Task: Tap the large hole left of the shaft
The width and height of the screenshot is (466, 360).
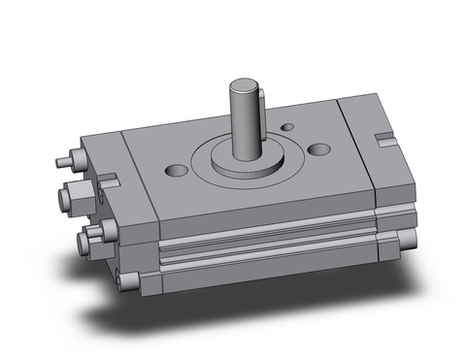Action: [x=177, y=171]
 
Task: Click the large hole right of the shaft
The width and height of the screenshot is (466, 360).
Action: [x=320, y=149]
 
